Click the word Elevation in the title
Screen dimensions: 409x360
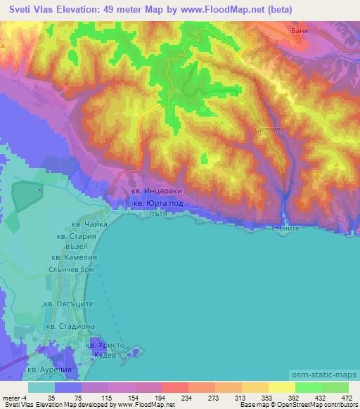pyautogui.click(x=79, y=9)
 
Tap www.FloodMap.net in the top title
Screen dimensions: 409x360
pyautogui.click(x=204, y=9)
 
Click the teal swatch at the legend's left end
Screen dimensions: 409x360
pyautogui.click(x=41, y=388)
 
